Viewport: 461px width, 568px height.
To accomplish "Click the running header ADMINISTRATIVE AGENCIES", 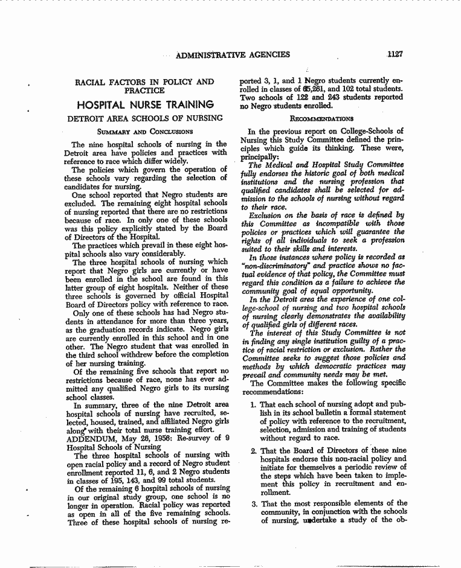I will point(233,55).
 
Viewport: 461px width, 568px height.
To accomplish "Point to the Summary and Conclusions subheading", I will point(145,131).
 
